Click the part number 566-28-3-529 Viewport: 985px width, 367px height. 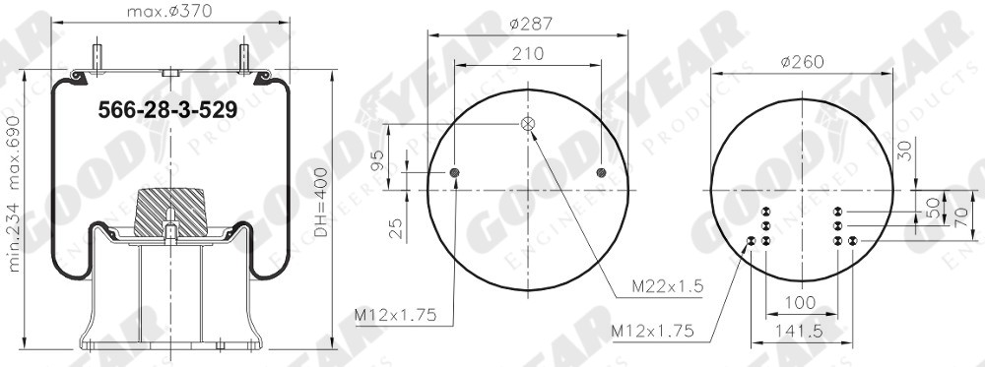(x=167, y=110)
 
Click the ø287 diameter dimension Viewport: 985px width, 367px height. (x=527, y=21)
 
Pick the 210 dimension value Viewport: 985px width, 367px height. (x=527, y=54)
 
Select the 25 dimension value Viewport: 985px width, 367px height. (x=394, y=229)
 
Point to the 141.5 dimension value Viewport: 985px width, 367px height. (x=800, y=332)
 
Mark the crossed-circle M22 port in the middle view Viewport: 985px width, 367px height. (x=527, y=124)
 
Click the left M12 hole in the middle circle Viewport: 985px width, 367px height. (x=454, y=174)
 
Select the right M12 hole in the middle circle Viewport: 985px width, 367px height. (x=601, y=174)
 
